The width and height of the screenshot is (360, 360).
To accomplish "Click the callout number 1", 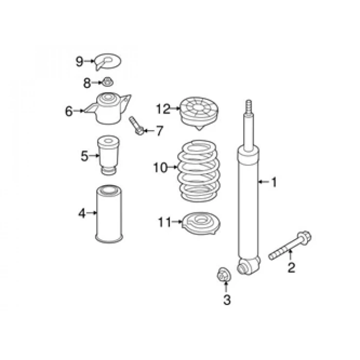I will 274,182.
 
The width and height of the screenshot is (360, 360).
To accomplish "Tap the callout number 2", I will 291,267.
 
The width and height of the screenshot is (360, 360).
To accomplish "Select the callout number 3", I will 227,300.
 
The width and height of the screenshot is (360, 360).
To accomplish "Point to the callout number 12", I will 163,109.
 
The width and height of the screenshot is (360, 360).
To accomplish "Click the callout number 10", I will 160,167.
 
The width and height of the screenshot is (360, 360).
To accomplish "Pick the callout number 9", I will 79,62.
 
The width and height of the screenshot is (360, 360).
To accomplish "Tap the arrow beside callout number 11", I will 177,222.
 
